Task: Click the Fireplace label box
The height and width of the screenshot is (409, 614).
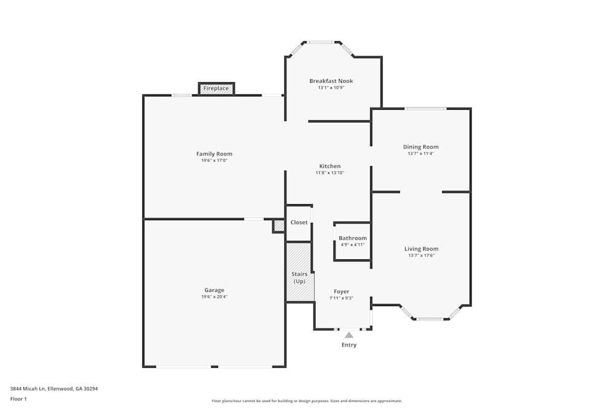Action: point(216,88)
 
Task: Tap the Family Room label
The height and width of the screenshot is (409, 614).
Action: point(214,154)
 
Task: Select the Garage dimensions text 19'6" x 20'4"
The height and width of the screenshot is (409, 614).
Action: point(214,297)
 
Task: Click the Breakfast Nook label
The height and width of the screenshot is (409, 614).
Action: point(331,81)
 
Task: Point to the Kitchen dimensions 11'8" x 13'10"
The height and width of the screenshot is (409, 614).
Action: point(330,173)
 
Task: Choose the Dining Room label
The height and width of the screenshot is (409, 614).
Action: point(421,147)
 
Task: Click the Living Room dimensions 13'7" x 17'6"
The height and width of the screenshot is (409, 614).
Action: point(421,256)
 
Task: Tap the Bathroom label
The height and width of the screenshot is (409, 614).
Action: point(352,238)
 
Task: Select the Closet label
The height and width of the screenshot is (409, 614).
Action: point(299,223)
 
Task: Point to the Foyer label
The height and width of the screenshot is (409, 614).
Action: point(341,291)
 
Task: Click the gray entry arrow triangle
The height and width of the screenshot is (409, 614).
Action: point(349,335)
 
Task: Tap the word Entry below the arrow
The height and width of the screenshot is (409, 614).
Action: point(349,345)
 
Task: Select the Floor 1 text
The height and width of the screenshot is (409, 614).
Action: point(18,399)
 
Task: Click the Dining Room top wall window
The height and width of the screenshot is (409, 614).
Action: point(425,109)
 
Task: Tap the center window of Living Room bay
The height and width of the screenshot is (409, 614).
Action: point(430,319)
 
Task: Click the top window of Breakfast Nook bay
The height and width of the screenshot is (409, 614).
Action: point(321,42)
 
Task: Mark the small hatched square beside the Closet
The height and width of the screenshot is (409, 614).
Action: point(279,226)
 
